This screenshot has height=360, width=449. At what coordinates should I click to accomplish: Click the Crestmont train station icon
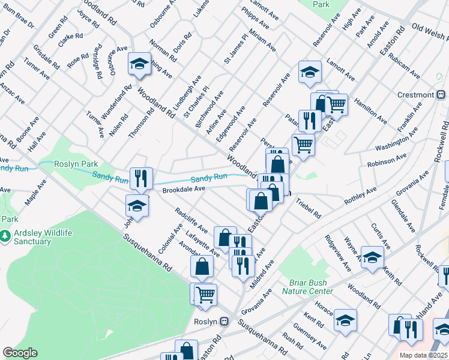pyautogui.click(x=440, y=95)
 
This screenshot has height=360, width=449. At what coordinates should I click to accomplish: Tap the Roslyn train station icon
pyautogui.click(x=224, y=321)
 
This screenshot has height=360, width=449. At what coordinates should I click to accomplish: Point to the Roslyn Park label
pyautogui.click(x=76, y=164)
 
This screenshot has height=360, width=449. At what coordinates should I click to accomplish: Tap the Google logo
pyautogui.click(x=20, y=353)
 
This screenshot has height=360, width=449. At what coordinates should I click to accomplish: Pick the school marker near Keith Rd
pyautogui.click(x=372, y=259)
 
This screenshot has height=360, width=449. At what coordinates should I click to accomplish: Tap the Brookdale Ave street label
pyautogui.click(x=184, y=189)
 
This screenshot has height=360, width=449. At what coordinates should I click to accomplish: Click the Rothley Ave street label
pyautogui.click(x=360, y=197)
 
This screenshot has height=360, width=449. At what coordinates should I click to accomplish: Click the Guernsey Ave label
pyautogui.click(x=310, y=336)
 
